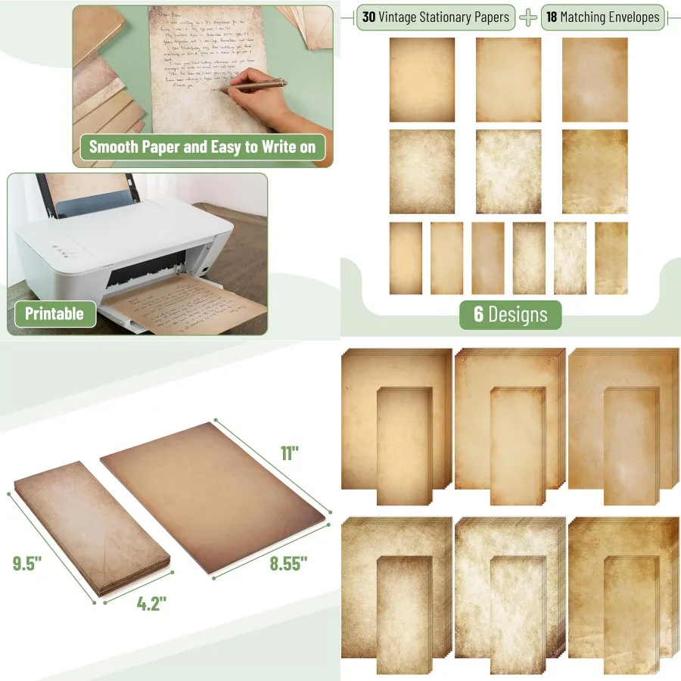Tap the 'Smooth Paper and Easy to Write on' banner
202,147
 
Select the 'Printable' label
55,313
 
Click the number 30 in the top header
370,17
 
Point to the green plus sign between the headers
527,17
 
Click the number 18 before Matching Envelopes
553,17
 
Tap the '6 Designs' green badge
511,314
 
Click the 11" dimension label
290,453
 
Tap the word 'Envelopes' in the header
631,17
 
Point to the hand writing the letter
269,106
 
